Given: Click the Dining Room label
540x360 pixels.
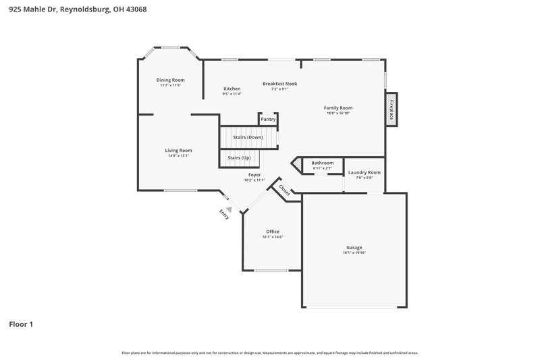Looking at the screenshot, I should (170, 80).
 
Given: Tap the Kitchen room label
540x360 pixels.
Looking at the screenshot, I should (232, 88).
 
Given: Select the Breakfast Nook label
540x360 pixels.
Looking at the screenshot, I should (279, 84).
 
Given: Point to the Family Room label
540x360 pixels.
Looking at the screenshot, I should (337, 107).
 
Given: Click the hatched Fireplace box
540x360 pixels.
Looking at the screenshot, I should (390, 110).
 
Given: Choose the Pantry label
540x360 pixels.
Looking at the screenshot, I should (268, 119).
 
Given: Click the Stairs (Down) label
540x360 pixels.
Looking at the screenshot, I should (248, 137).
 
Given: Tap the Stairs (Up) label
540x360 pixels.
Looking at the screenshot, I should (239, 157).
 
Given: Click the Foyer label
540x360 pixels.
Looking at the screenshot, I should (254, 174).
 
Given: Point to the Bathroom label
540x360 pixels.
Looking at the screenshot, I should (322, 163).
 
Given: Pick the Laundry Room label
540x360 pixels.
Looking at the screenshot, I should (364, 172).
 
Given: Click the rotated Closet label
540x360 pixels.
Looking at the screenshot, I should (284, 190).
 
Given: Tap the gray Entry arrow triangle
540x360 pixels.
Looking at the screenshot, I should (229, 209).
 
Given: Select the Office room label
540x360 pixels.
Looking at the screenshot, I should (272, 232).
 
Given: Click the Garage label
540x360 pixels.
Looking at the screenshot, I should (354, 247).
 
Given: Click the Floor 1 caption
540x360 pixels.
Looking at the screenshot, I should (20, 324).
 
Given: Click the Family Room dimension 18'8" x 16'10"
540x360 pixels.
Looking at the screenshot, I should (337, 113).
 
